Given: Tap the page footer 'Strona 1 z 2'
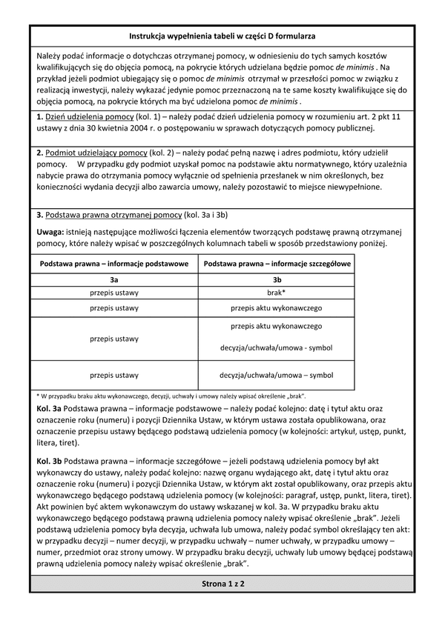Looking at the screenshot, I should click(222, 584).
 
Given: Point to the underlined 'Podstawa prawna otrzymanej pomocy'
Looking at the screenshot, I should click(113, 215).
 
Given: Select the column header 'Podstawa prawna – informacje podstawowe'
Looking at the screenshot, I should click(114, 264).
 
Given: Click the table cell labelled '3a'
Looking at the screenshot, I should click(114, 280).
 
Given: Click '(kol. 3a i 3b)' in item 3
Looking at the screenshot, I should click(210, 215).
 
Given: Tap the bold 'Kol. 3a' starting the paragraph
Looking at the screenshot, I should click(49, 408).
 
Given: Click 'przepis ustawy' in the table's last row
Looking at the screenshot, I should click(114, 375).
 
